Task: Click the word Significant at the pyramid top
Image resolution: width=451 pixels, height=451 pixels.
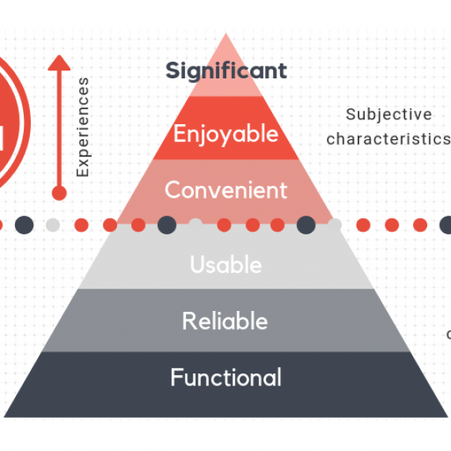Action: tap(225, 70)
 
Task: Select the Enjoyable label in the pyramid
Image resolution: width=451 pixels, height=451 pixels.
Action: tap(225, 133)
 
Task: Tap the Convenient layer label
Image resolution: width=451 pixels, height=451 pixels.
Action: tap(225, 191)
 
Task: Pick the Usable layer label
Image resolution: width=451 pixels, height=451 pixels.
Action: tap(225, 264)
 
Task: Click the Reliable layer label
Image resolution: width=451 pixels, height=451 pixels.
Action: tap(225, 321)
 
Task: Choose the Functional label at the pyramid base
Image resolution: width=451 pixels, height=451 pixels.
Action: tap(225, 377)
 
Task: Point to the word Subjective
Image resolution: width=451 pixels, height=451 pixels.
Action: tap(389, 115)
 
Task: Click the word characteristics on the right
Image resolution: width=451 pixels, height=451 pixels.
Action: tap(388, 139)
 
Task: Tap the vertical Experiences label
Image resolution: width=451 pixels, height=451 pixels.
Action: tap(83, 127)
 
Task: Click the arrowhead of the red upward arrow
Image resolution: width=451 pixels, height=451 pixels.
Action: tap(59, 63)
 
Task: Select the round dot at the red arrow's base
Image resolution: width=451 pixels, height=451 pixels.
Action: tap(59, 192)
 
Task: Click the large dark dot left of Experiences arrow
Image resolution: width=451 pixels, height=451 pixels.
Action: tap(25, 225)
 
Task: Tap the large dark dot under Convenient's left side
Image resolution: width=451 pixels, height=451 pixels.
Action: tap(167, 225)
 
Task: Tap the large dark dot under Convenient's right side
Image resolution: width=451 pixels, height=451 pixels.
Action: tap(306, 225)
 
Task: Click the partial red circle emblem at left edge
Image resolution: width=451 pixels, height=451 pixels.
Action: tap(9, 127)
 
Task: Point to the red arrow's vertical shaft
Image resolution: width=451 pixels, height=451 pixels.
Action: tap(59, 127)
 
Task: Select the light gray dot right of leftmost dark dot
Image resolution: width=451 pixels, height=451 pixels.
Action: tap(52, 225)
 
